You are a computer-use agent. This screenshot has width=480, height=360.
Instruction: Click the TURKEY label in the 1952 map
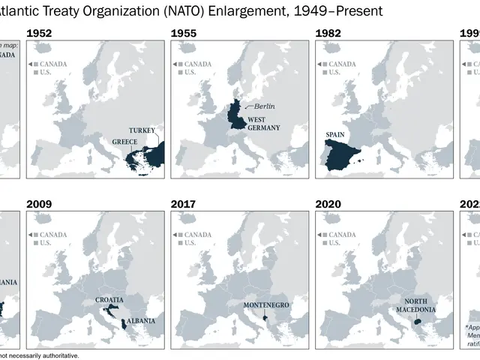[x=142, y=130]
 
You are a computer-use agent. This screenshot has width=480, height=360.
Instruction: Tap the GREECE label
[x=124, y=141]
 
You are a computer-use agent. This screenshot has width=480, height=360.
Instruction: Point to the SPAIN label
[x=335, y=136]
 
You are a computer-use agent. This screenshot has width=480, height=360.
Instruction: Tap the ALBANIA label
[x=141, y=320]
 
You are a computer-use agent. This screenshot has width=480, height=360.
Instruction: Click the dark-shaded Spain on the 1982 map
[x=342, y=153]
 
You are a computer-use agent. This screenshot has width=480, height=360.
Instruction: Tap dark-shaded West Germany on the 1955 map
[x=239, y=115]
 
